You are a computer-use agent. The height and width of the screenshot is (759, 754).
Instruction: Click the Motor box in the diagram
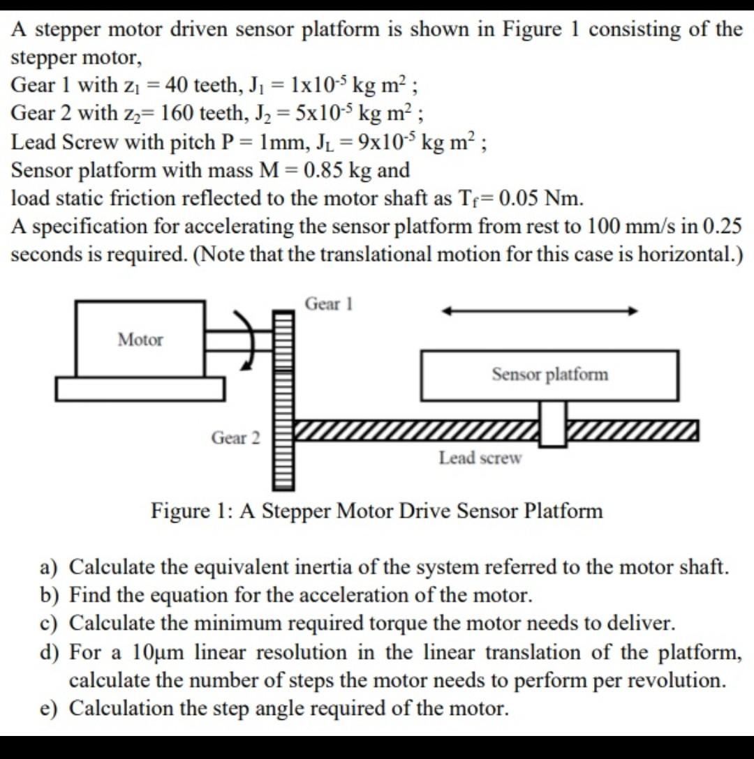click(x=140, y=339)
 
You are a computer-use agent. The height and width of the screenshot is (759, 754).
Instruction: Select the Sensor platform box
click(x=549, y=375)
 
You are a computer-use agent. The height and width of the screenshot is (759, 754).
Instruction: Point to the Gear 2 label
click(x=235, y=438)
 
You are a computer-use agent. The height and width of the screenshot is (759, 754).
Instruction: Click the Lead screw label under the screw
click(x=480, y=458)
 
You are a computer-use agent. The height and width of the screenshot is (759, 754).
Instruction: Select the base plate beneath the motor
click(x=140, y=389)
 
